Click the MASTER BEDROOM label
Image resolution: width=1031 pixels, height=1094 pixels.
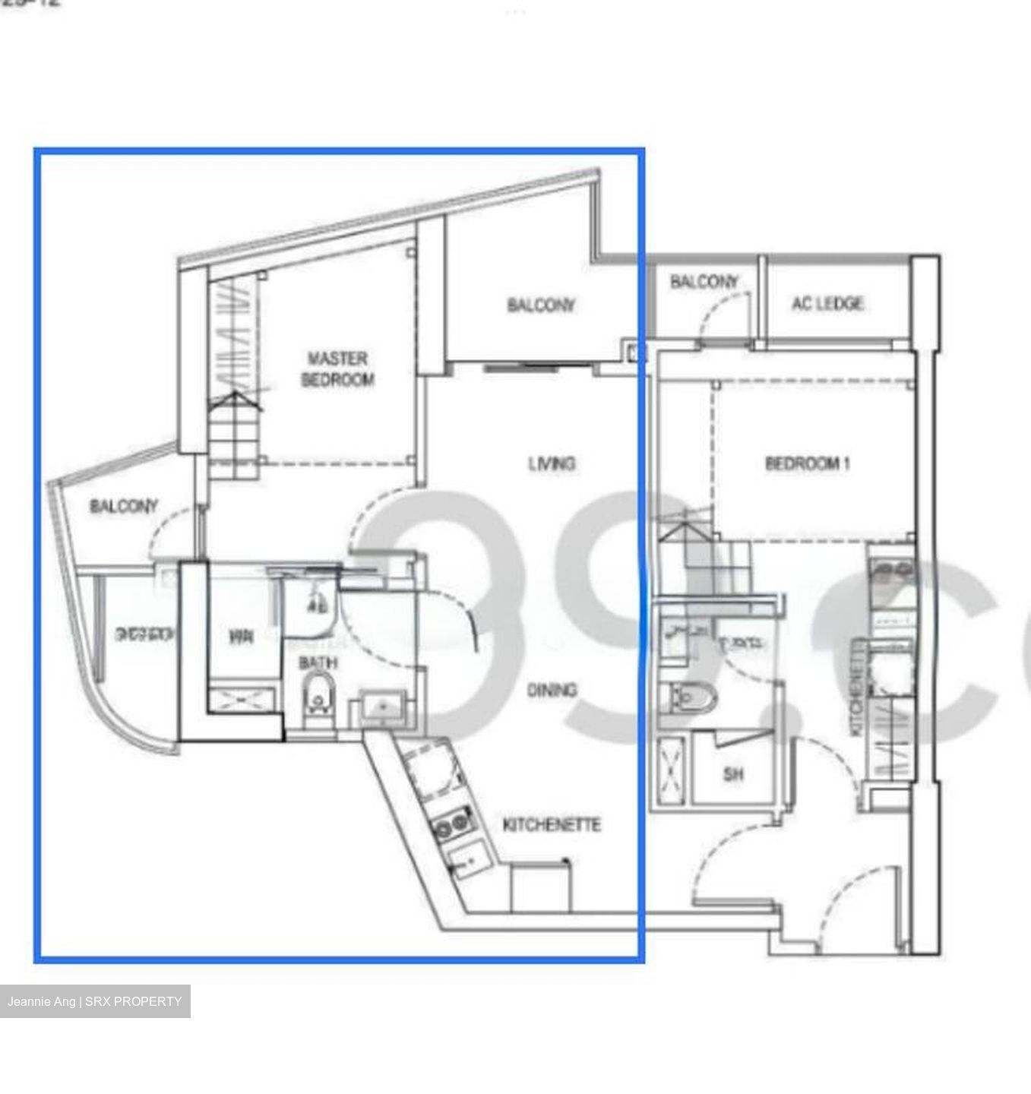click(337, 368)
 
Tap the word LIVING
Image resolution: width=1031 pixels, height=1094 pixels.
click(552, 463)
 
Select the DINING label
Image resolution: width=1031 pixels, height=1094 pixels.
click(552, 689)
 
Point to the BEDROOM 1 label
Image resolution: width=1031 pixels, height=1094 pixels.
click(807, 463)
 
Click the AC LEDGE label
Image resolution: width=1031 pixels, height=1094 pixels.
click(827, 303)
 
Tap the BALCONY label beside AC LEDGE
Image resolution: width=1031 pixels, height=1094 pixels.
click(704, 282)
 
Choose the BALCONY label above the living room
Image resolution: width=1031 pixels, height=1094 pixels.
click(541, 305)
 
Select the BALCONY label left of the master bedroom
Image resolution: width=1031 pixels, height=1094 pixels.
click(124, 506)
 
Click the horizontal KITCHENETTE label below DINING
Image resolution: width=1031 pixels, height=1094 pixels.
click(552, 824)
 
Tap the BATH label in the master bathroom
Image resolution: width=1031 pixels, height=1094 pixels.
click(318, 662)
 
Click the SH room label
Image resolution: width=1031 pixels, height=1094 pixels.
click(733, 775)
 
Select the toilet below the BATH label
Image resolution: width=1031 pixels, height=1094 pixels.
click(318, 699)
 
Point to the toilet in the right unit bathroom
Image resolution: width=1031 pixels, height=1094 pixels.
click(688, 696)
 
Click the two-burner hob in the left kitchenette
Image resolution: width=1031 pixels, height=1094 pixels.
click(449, 825)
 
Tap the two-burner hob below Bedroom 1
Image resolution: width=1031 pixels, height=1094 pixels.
click(890, 570)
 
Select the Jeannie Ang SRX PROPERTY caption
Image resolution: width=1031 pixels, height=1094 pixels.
click(95, 1001)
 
